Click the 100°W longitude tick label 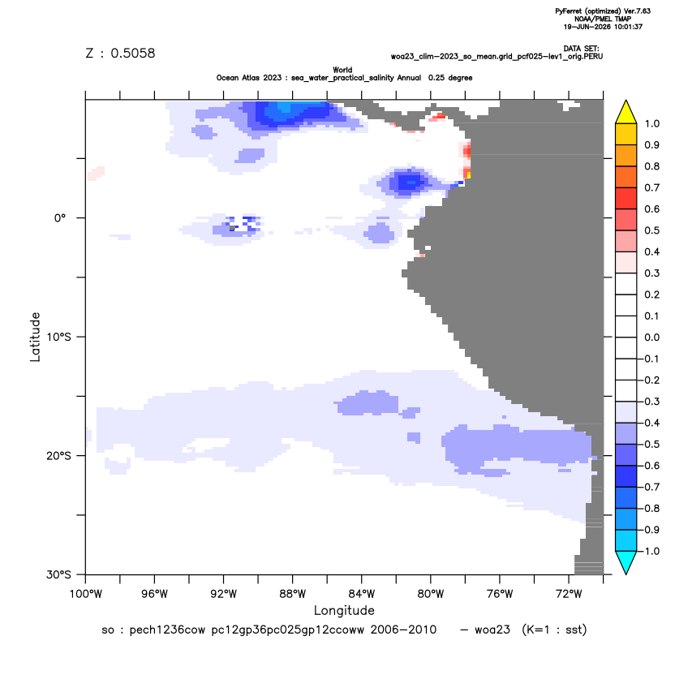pos(86,594)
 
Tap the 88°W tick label pos(292,594)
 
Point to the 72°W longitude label pos(569,594)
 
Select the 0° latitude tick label pos(60,218)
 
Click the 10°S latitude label pos(58,337)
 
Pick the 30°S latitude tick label pos(58,574)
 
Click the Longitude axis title pos(344,611)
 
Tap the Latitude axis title pos(35,337)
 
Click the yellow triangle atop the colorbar pos(626,112)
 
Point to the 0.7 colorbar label pos(651,187)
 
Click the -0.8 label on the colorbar pos(650,509)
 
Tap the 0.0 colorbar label pos(651,337)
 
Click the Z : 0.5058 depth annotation pos(120,53)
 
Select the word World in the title pos(342,70)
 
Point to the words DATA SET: pos(581,49)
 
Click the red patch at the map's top pos(439,116)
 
